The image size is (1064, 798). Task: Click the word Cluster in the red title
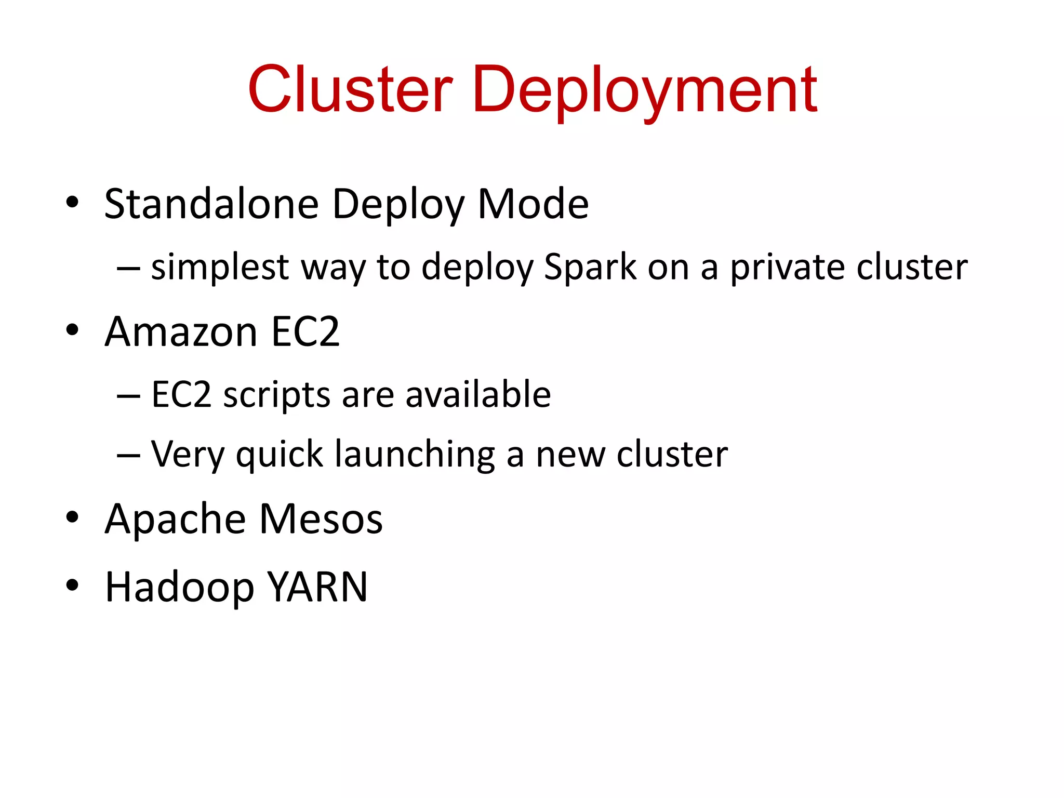[x=350, y=89]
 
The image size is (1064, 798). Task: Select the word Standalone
[x=211, y=204]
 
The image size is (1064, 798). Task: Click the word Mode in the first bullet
[x=533, y=204]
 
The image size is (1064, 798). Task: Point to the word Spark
[x=590, y=267]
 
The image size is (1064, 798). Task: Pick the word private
[x=788, y=268]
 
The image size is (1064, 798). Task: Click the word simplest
[x=220, y=268]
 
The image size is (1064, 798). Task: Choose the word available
[x=478, y=394]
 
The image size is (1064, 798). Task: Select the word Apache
[x=175, y=520]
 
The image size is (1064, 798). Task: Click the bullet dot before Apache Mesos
[x=72, y=517]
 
